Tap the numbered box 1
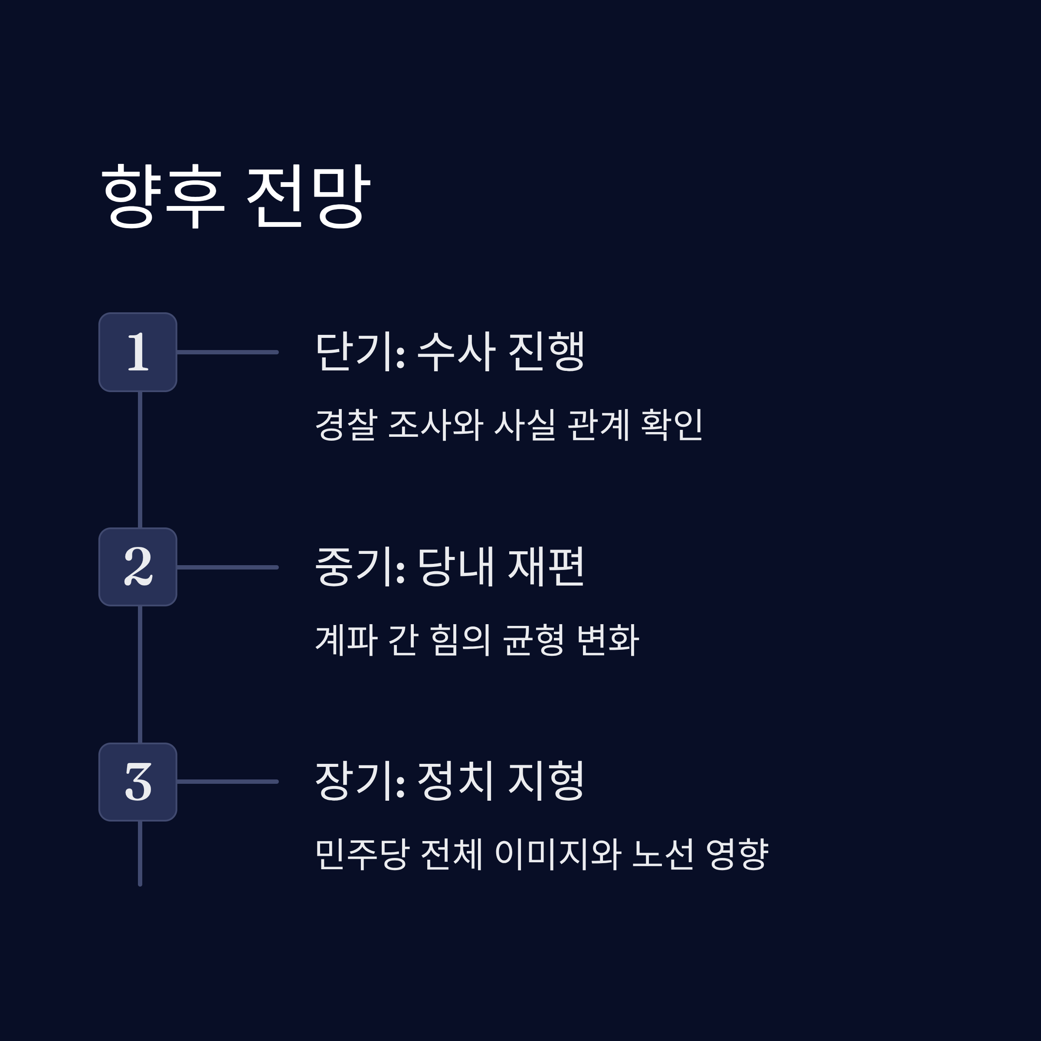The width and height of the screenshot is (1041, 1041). click(x=138, y=352)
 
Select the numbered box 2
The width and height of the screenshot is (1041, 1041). click(x=138, y=567)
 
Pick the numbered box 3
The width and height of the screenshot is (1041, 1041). click(x=138, y=782)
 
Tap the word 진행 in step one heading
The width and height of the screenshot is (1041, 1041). click(x=546, y=351)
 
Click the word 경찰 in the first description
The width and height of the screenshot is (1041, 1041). click(x=345, y=425)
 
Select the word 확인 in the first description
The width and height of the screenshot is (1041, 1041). click(x=671, y=425)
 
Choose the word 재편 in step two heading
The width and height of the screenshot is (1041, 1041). click(x=546, y=566)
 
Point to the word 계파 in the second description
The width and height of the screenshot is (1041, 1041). click(x=345, y=640)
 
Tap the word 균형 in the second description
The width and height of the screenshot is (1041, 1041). click(x=533, y=640)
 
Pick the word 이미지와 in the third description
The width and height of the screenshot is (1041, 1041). click(x=558, y=854)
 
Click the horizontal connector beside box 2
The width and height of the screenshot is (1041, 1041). click(x=227, y=567)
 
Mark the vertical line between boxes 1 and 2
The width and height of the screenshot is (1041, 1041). click(x=140, y=460)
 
